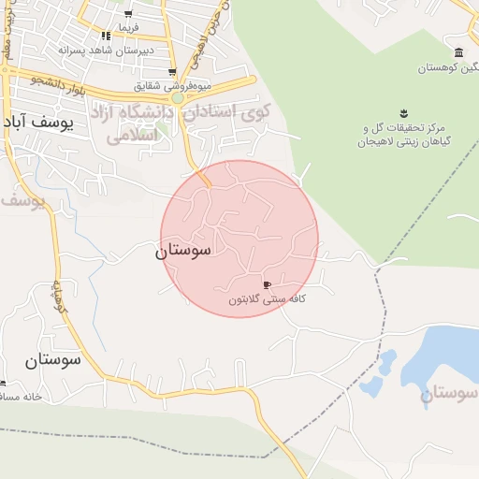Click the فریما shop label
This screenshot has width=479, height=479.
(x=127, y=28)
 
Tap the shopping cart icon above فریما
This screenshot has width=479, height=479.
(x=128, y=15)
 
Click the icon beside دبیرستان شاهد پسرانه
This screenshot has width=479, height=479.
(x=106, y=36)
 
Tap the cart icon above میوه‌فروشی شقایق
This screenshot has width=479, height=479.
(x=172, y=72)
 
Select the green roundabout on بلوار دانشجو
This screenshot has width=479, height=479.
(x=177, y=97)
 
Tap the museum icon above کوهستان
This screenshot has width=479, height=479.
(x=457, y=53)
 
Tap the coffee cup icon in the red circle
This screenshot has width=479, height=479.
(x=267, y=284)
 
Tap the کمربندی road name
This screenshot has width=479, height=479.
(x=57, y=298)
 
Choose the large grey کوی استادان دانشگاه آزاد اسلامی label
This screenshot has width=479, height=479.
(x=188, y=122)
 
